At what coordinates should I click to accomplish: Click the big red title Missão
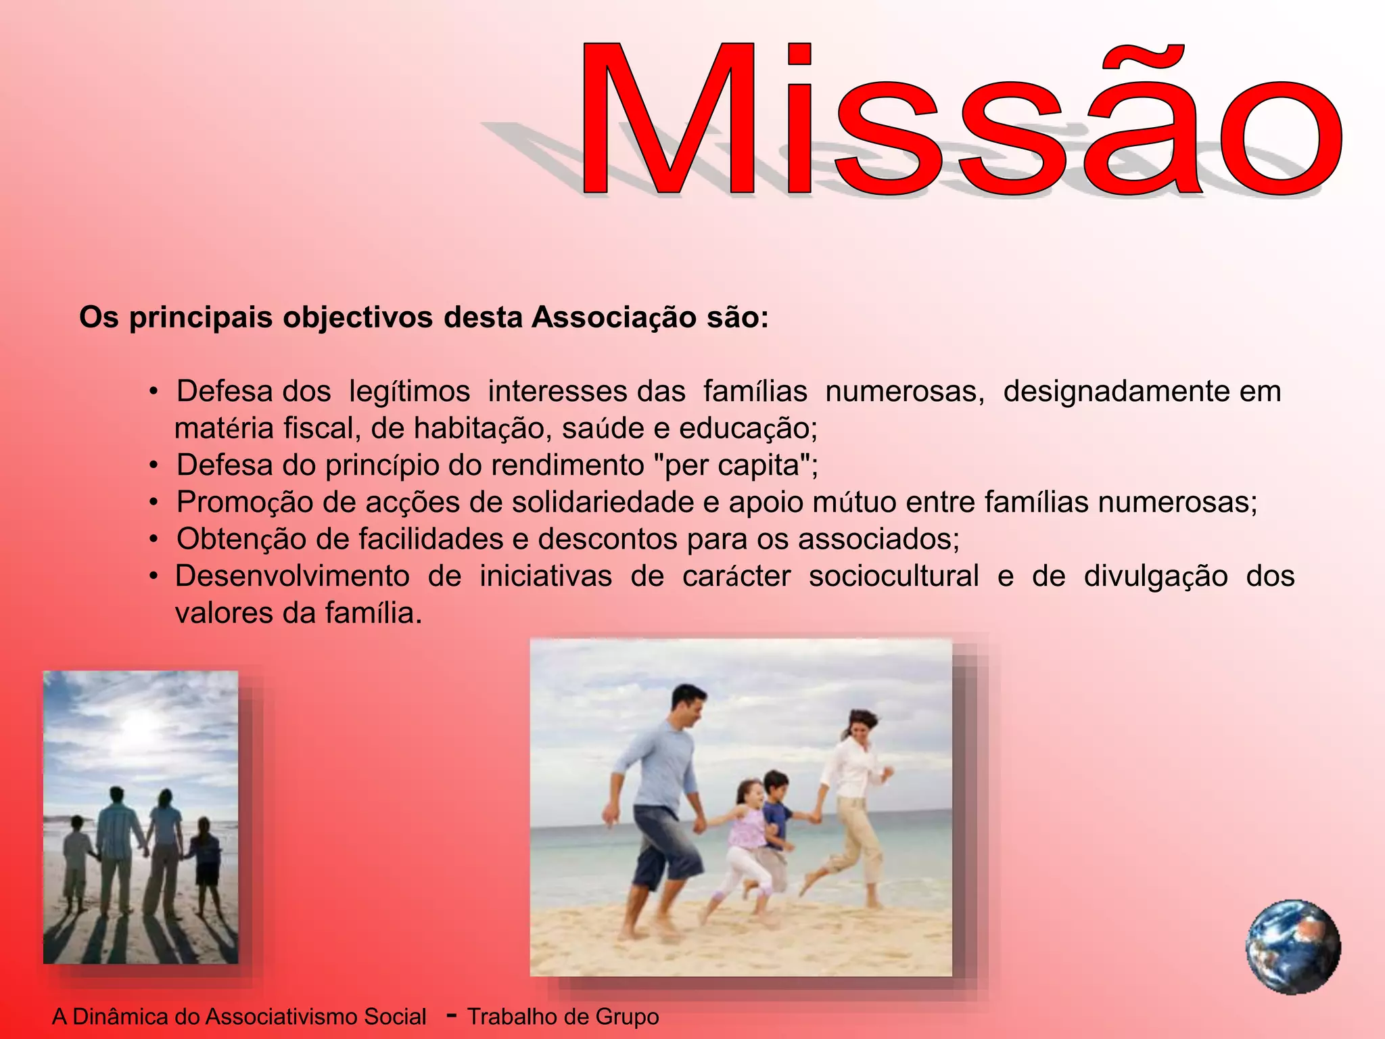click(x=960, y=122)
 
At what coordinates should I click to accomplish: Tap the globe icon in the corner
click(x=1293, y=946)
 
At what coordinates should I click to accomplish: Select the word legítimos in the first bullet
click(x=409, y=392)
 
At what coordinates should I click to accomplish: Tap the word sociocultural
click(x=893, y=576)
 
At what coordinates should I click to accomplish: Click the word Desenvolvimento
click(x=292, y=576)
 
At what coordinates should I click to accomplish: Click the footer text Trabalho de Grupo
click(x=563, y=1017)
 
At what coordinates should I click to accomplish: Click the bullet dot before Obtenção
click(x=154, y=540)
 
